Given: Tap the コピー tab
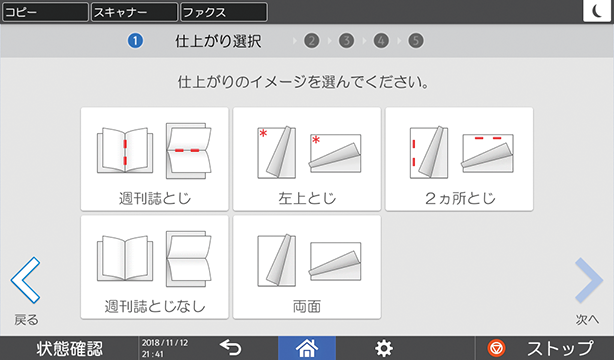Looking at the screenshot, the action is point(45,12).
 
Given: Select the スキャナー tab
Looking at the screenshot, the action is point(134,12).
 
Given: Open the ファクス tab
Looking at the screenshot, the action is point(224,12).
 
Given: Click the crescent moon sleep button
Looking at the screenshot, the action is point(597,11).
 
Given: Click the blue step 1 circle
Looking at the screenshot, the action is point(135,41).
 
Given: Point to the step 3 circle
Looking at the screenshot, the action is point(346,41).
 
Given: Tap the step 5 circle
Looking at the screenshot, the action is point(415,41).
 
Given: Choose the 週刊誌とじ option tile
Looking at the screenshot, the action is point(155,159).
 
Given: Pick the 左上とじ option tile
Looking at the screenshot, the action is point(307,159).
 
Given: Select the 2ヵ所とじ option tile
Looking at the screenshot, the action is point(459,159).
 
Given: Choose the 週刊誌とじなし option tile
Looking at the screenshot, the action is point(155,267).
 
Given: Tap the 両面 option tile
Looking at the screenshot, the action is point(307,267).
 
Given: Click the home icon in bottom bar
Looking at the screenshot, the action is point(307,348).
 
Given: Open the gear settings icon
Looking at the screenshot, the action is point(384,348).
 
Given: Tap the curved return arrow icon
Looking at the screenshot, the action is point(231,347).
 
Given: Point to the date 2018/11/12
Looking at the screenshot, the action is point(165,343).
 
